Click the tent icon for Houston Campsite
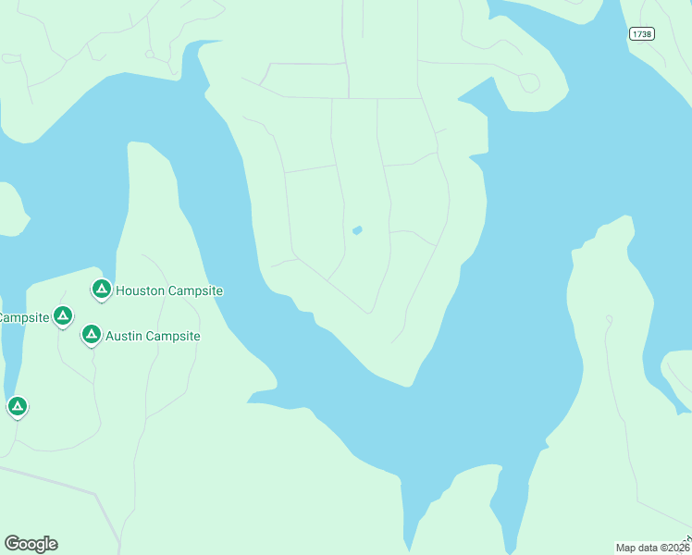tap(102, 290)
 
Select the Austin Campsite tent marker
tap(91, 334)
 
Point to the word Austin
tap(123, 336)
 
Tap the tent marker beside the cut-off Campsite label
tap(62, 316)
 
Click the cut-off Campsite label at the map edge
tap(23, 317)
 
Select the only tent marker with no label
tap(17, 406)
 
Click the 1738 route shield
tap(641, 33)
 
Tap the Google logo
tap(31, 544)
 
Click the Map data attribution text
tap(652, 547)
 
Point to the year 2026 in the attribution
tap(676, 547)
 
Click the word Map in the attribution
tap(626, 547)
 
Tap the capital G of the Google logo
tap(12, 543)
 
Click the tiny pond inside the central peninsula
tap(357, 229)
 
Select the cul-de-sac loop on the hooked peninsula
tap(529, 83)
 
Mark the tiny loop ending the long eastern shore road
tap(608, 319)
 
